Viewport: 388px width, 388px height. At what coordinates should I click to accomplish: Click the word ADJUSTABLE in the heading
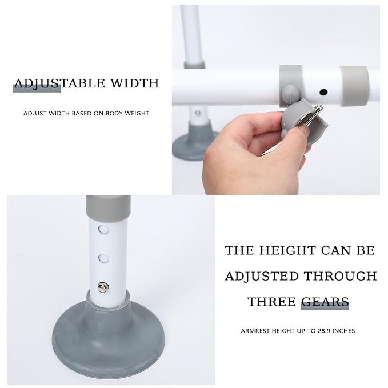coord(59,83)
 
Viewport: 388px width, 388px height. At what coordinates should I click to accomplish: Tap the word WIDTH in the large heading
coord(135,83)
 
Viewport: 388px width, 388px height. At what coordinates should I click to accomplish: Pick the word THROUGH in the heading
coord(340,276)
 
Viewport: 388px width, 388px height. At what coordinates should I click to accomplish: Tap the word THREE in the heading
coord(271,302)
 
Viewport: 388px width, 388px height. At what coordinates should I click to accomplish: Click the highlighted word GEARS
coord(325,302)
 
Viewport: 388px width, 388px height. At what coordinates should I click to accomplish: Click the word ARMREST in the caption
coord(255,331)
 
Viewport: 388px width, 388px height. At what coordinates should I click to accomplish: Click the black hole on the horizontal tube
coord(323,93)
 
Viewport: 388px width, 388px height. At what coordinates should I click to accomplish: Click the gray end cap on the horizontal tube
coord(354,86)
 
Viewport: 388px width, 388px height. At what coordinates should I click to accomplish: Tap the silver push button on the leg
coord(103,287)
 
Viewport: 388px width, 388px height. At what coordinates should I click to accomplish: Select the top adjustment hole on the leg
coord(103,229)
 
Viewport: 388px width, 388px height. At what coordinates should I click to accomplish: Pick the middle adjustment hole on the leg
coord(103,258)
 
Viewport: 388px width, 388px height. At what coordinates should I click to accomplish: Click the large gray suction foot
coord(109,337)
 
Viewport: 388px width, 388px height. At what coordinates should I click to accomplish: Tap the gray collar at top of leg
coord(109,208)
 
